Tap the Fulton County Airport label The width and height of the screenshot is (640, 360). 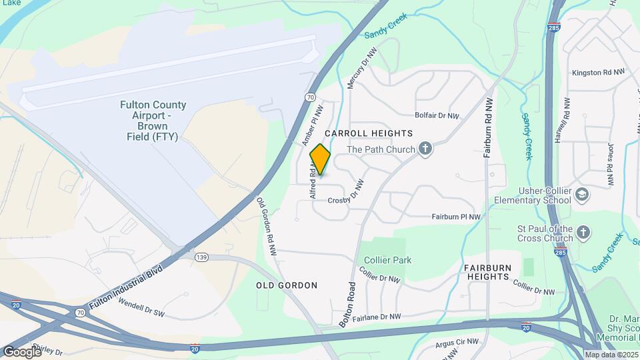point(153,121)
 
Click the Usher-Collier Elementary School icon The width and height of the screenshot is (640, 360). point(582,195)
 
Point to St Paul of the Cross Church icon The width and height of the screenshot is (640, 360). point(583,233)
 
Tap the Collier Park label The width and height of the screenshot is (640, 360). point(388,260)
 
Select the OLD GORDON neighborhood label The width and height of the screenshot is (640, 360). point(287,285)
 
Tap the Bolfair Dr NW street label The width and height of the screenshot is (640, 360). point(437,116)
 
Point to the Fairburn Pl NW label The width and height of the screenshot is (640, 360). point(456,217)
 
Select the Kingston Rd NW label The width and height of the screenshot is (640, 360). point(598,72)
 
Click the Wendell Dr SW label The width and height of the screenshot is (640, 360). point(141,308)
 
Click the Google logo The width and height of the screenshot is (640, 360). point(22,351)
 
